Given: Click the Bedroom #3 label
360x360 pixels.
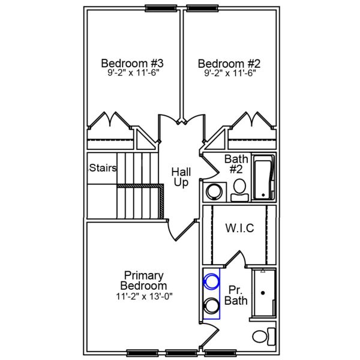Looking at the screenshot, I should coord(133,62).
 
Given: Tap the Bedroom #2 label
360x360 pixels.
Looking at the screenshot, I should coord(229,62).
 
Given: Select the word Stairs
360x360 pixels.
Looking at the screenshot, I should coord(103,168).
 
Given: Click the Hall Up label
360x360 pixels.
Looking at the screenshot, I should coord(181,176).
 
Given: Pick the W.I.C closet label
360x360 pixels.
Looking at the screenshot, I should coord(239,228).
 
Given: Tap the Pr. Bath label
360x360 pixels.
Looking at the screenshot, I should coord(236,295).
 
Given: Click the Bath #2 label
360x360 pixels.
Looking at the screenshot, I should coord(236,163).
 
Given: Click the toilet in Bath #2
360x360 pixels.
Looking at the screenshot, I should coord(239,187).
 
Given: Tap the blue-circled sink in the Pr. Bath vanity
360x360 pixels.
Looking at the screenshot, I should coord(211,280).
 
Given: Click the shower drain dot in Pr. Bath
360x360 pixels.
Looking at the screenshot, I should coord(263,293).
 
